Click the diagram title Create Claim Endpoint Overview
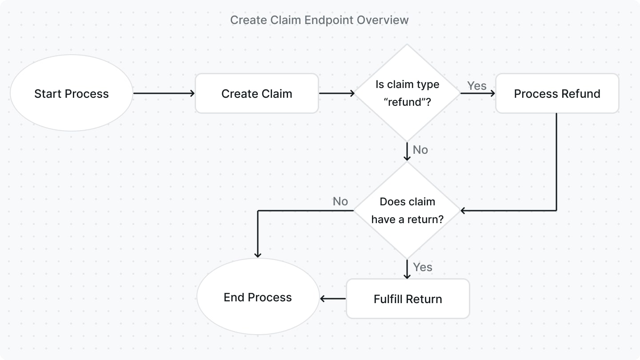pos(319,20)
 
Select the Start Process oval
pos(72,93)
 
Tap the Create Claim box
pos(256,93)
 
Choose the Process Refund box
pos(557,93)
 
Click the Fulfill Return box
pos(408,299)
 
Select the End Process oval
pos(258,297)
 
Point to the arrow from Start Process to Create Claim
pos(164,93)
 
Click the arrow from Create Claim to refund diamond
pos(336,93)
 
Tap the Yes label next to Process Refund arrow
pos(476,85)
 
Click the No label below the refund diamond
pos(420,150)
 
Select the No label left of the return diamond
pos(340,201)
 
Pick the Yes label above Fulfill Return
pos(422,267)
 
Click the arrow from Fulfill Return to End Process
pos(333,299)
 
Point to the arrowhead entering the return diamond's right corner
pos(463,210)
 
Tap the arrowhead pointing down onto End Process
pos(258,255)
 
